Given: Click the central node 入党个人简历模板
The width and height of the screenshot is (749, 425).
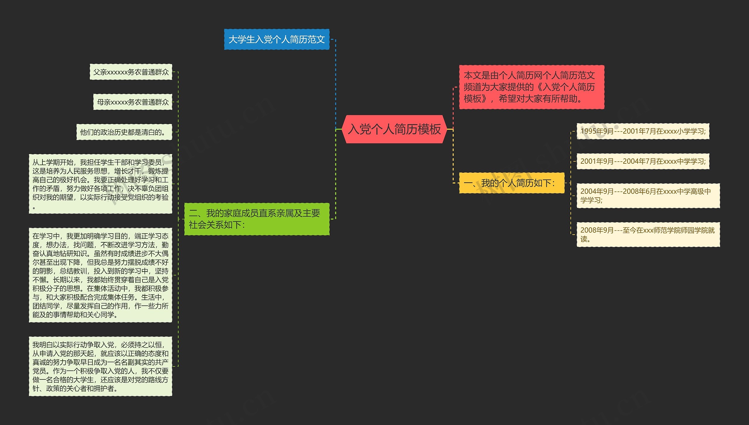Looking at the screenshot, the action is click(x=394, y=129).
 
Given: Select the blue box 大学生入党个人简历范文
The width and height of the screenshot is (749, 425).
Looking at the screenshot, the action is click(x=276, y=39).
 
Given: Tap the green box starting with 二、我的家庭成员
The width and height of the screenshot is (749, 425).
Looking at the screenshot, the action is click(x=257, y=219).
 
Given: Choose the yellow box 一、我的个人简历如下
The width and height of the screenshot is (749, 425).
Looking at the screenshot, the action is click(x=511, y=183).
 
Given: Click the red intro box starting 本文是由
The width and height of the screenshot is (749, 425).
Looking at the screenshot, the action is click(x=531, y=87).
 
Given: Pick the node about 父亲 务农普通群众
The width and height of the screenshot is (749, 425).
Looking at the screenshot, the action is click(x=131, y=72).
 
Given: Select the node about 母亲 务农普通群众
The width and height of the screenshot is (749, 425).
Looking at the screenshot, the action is click(x=133, y=102).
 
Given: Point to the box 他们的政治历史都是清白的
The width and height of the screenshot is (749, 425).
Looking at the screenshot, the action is click(x=124, y=132).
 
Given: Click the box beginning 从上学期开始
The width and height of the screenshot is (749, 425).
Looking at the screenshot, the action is click(x=100, y=184).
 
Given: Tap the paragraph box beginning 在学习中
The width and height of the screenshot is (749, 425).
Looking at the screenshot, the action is click(x=100, y=275).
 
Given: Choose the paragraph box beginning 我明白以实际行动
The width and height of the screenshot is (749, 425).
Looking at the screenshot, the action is click(x=100, y=366).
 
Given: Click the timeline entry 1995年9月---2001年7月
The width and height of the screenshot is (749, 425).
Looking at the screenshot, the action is click(x=643, y=131).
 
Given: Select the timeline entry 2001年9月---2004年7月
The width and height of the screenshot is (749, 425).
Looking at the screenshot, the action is click(x=643, y=161).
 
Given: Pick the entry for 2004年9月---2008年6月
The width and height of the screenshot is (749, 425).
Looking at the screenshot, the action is click(x=648, y=196).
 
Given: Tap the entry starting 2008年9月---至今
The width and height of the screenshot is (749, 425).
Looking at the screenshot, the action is click(x=648, y=234).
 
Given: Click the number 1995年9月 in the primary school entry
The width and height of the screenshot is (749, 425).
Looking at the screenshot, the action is click(x=597, y=131).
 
